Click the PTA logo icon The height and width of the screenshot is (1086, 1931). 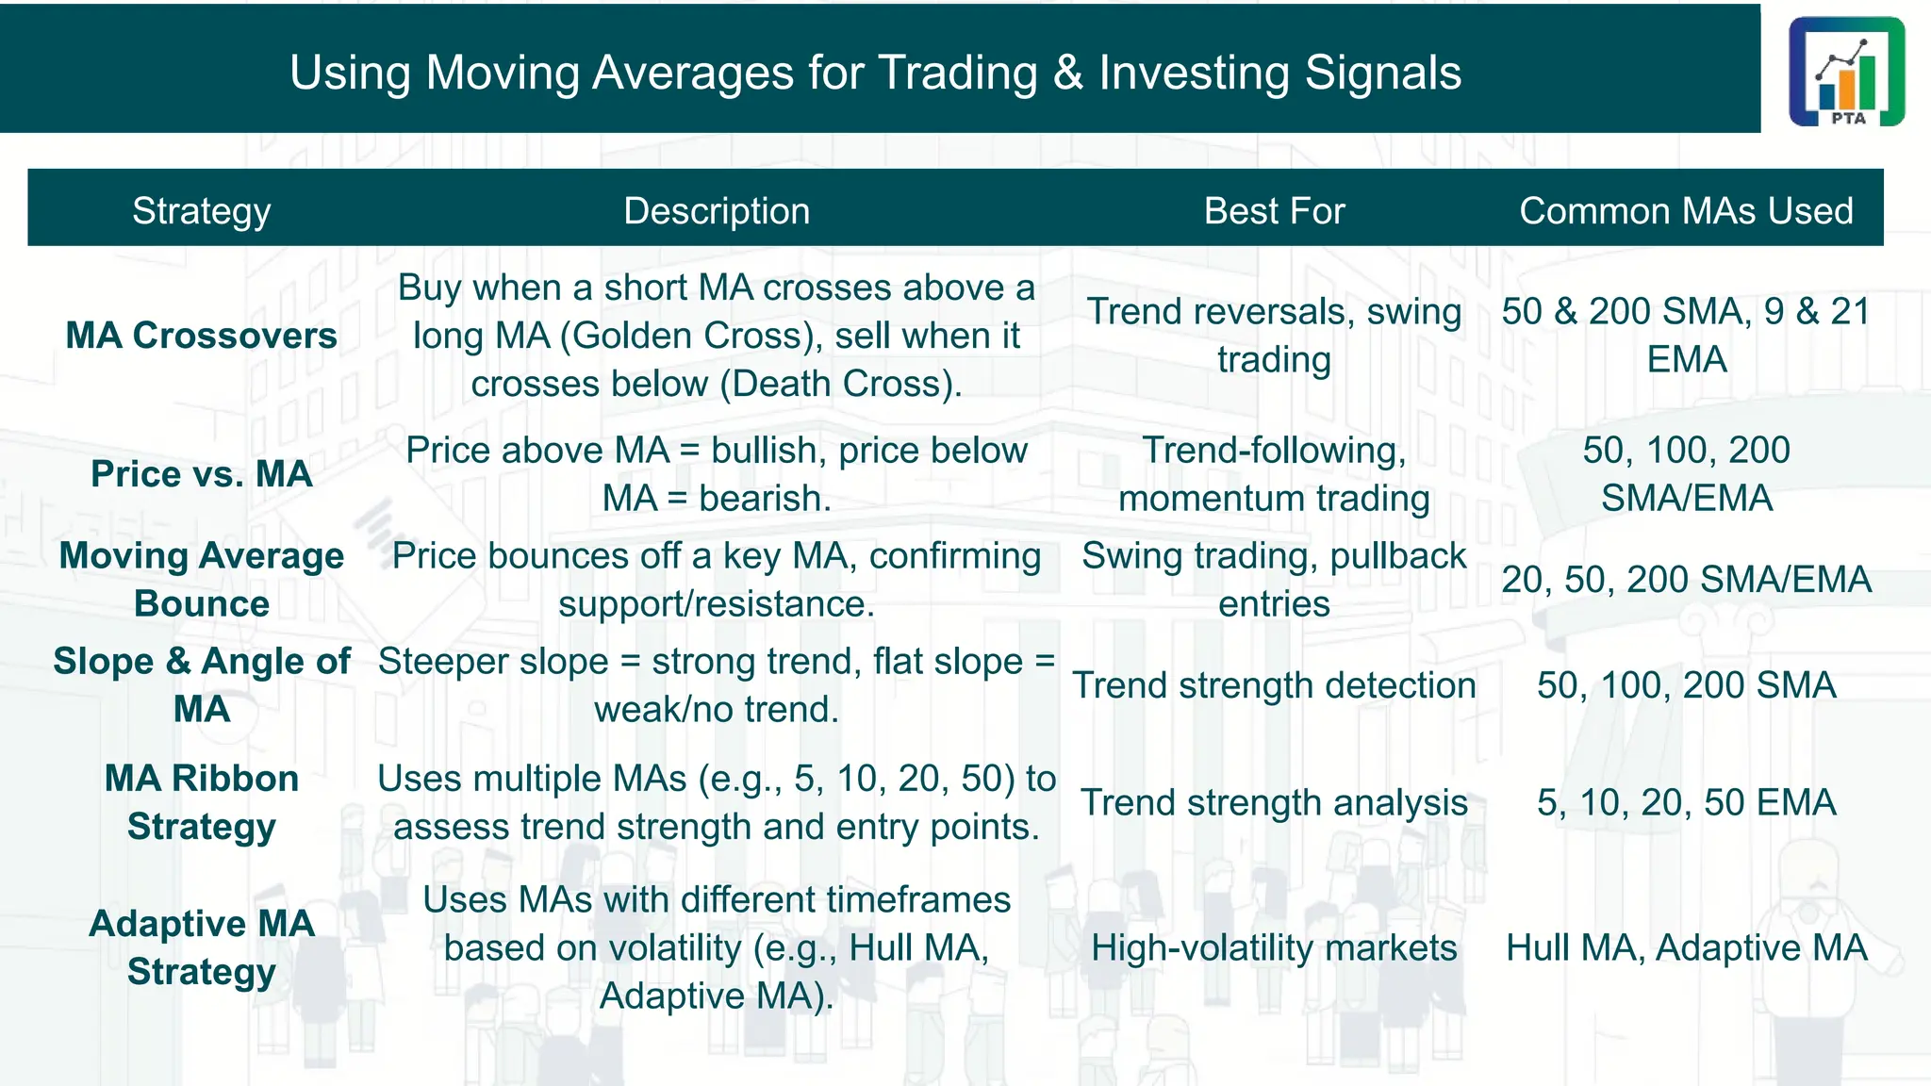pyautogui.click(x=1846, y=72)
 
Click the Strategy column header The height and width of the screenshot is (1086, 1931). pyautogui.click(x=201, y=211)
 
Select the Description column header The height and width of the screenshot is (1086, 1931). pyautogui.click(x=717, y=211)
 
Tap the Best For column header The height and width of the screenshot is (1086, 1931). pyautogui.click(x=1274, y=211)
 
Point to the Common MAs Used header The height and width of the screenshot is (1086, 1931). pyautogui.click(x=1686, y=211)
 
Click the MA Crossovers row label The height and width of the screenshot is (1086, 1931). pyautogui.click(x=201, y=336)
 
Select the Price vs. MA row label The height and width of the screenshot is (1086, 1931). pyautogui.click(x=201, y=473)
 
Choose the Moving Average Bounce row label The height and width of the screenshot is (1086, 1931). pyautogui.click(x=201, y=579)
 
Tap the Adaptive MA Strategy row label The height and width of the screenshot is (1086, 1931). pyautogui.click(x=201, y=946)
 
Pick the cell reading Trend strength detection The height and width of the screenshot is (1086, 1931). pyautogui.click(x=1274, y=685)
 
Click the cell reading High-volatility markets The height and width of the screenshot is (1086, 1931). pyautogui.click(x=1274, y=947)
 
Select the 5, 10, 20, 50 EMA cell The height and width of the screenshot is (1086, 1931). pyautogui.click(x=1686, y=802)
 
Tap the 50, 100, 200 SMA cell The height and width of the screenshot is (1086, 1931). pyautogui.click(x=1686, y=685)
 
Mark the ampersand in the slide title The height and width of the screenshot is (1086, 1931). pyautogui.click(x=1068, y=74)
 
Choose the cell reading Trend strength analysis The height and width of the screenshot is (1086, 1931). pyautogui.click(x=1274, y=802)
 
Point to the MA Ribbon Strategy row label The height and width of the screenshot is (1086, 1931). pyautogui.click(x=201, y=802)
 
